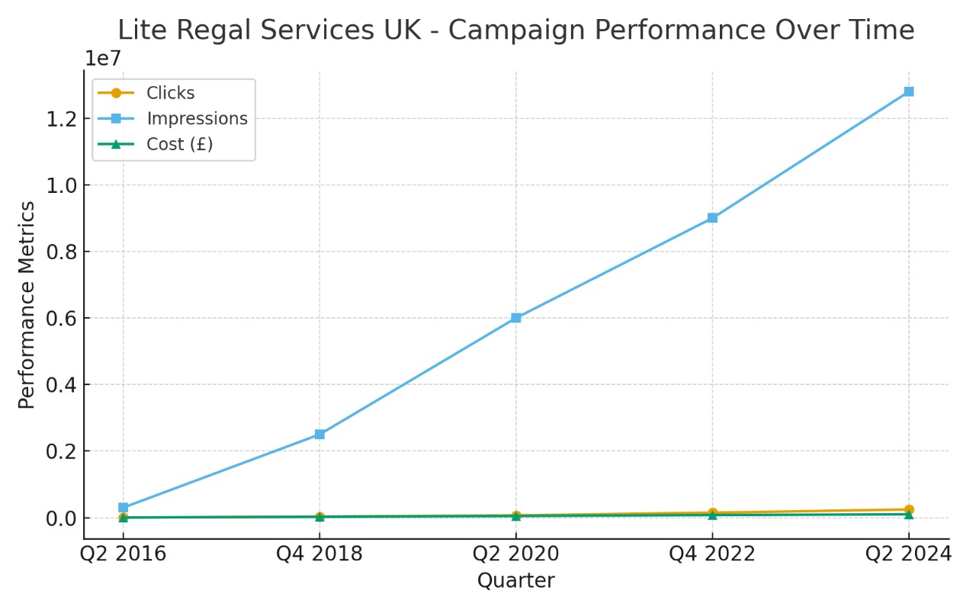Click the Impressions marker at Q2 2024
point(908,91)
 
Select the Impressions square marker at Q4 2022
point(712,217)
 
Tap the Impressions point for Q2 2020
point(516,317)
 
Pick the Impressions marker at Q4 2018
point(319,434)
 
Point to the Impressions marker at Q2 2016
point(124,507)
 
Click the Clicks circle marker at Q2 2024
point(908,509)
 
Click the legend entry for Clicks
point(170,93)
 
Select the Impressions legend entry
point(197,119)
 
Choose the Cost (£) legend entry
point(179,144)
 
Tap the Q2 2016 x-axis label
point(124,554)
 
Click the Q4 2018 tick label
point(319,554)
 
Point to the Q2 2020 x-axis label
point(516,554)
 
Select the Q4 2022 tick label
point(712,554)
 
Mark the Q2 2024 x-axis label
point(908,554)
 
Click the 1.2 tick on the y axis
point(60,119)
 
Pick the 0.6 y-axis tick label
point(60,318)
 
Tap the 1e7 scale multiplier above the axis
point(102,58)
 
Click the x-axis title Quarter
point(516,581)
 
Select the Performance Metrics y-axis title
point(27,305)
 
